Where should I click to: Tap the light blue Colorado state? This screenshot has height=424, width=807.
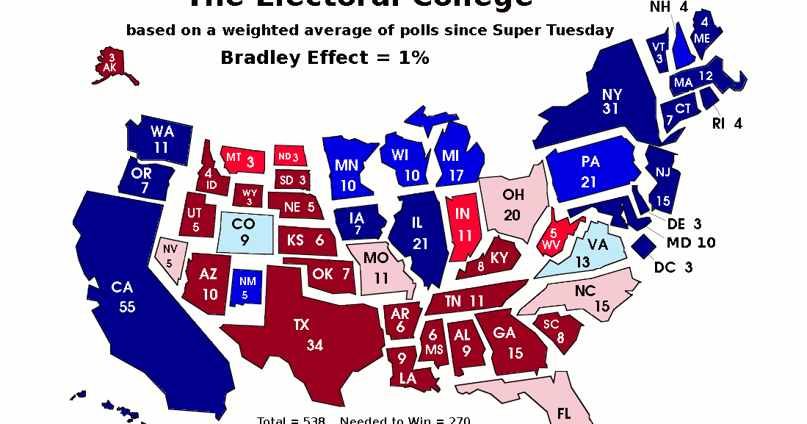[x=246, y=231]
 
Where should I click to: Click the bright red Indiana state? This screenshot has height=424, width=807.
[x=462, y=228]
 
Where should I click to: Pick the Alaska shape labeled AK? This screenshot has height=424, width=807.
[x=111, y=64]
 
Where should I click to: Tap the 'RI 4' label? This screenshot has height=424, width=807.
[x=727, y=123]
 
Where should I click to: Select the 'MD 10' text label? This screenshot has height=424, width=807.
[x=690, y=242]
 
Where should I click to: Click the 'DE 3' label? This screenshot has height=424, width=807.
[x=684, y=223]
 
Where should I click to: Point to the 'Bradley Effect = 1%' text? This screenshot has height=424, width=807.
[x=325, y=58]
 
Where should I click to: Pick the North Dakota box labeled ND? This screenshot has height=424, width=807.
[x=287, y=157]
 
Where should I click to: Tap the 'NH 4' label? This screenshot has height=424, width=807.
[x=668, y=7]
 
